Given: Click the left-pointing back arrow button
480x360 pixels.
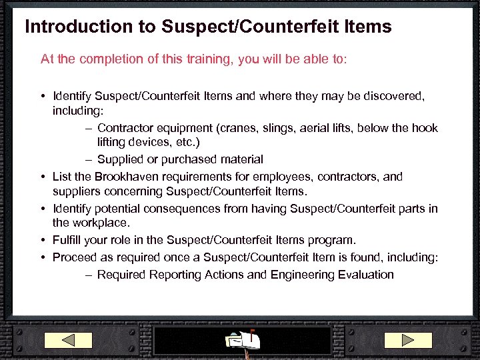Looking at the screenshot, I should tap(77, 340).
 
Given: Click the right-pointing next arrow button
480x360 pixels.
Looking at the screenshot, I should tap(408, 340).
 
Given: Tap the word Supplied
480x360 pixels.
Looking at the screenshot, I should tap(121, 159).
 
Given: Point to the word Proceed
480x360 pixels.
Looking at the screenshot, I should tap(75, 257).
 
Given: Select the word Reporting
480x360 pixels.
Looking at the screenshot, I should tap(175, 275).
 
